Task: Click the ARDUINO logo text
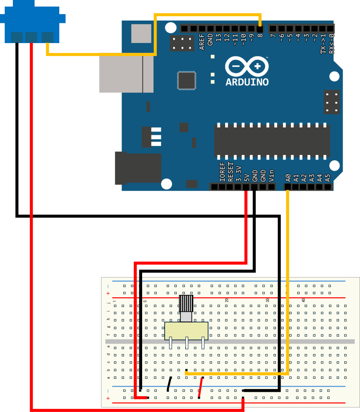(247, 82)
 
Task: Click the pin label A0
(288, 177)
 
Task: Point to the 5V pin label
(246, 177)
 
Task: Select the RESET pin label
(230, 172)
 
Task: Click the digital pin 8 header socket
(260, 29)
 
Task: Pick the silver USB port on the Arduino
(126, 73)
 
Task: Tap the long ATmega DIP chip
(272, 140)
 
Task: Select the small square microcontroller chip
(186, 80)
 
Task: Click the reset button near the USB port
(141, 33)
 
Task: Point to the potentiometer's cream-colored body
(186, 331)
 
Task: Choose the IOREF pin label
(222, 172)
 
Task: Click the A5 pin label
(327, 177)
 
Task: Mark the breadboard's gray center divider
(230, 342)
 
